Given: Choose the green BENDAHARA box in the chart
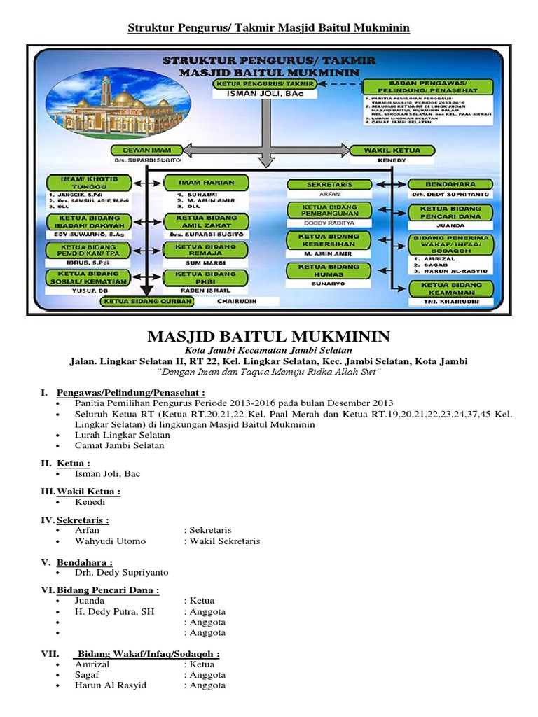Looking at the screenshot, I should pyautogui.click(x=450, y=183).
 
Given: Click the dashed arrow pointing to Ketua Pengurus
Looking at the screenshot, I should pyautogui.click(x=338, y=83).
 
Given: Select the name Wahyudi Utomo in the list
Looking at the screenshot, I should pyautogui.click(x=108, y=541).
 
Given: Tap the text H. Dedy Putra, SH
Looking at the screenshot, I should pyautogui.click(x=115, y=611).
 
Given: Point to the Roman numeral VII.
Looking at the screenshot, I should pyautogui.click(x=51, y=653).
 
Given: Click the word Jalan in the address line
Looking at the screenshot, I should pyautogui.click(x=84, y=361).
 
